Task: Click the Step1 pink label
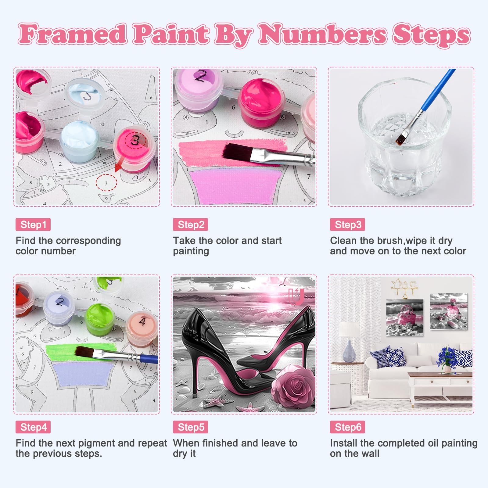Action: [x=33, y=225]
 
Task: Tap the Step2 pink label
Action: [x=191, y=225]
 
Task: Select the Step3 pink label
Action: [x=347, y=225]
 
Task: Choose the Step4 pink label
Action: [x=33, y=427]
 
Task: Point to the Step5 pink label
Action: [x=191, y=427]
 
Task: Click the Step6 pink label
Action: [x=347, y=427]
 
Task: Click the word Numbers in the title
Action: [x=323, y=34]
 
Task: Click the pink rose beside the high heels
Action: [x=293, y=386]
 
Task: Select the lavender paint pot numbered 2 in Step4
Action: [x=59, y=308]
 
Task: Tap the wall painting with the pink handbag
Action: [x=404, y=318]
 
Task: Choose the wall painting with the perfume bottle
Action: [x=448, y=311]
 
